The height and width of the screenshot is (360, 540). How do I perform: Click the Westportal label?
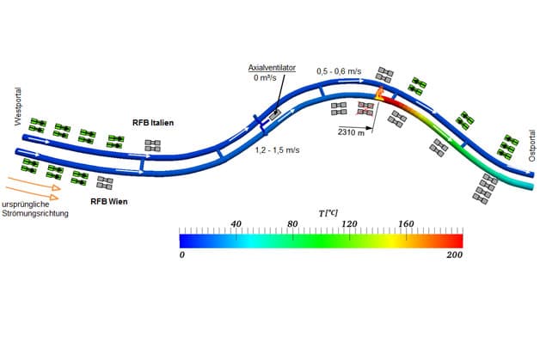[18, 107]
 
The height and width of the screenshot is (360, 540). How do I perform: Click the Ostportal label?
[532, 145]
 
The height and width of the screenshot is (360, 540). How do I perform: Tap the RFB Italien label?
[153, 123]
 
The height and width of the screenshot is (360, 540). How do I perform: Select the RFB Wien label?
[109, 201]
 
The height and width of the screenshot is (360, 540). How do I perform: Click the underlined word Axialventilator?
[272, 68]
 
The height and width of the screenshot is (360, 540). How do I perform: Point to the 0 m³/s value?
[265, 78]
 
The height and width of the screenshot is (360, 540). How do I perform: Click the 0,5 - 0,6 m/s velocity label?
[339, 71]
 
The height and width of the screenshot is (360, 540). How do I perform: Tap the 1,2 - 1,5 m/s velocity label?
[277, 150]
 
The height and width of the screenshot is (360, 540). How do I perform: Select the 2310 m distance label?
[351, 132]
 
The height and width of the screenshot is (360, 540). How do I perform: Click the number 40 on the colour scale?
[236, 224]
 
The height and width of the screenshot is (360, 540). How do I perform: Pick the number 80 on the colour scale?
[292, 224]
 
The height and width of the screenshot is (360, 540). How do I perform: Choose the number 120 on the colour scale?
[349, 224]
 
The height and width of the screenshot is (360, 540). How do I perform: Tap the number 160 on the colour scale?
[406, 224]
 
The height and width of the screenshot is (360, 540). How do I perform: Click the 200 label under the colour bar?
[455, 255]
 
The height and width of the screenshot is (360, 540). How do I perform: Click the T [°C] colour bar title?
[328, 213]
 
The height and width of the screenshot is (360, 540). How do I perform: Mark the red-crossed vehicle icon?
[365, 108]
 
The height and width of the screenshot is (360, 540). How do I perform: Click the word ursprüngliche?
[26, 204]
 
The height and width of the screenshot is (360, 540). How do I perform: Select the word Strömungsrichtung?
[35, 213]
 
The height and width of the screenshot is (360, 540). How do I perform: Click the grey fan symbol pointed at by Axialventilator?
[275, 114]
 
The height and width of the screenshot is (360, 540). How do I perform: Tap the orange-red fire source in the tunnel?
[379, 94]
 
